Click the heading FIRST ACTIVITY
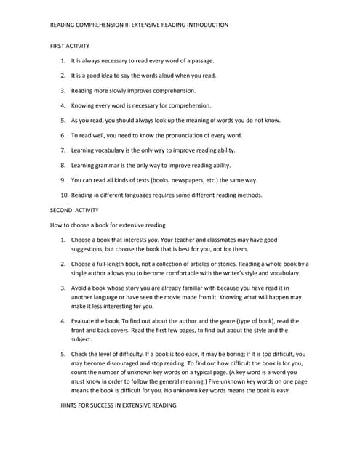coord(69,45)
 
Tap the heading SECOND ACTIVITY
coord(74,210)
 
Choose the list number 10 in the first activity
coord(64,195)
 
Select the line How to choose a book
coord(107,225)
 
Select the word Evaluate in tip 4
coord(86,321)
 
